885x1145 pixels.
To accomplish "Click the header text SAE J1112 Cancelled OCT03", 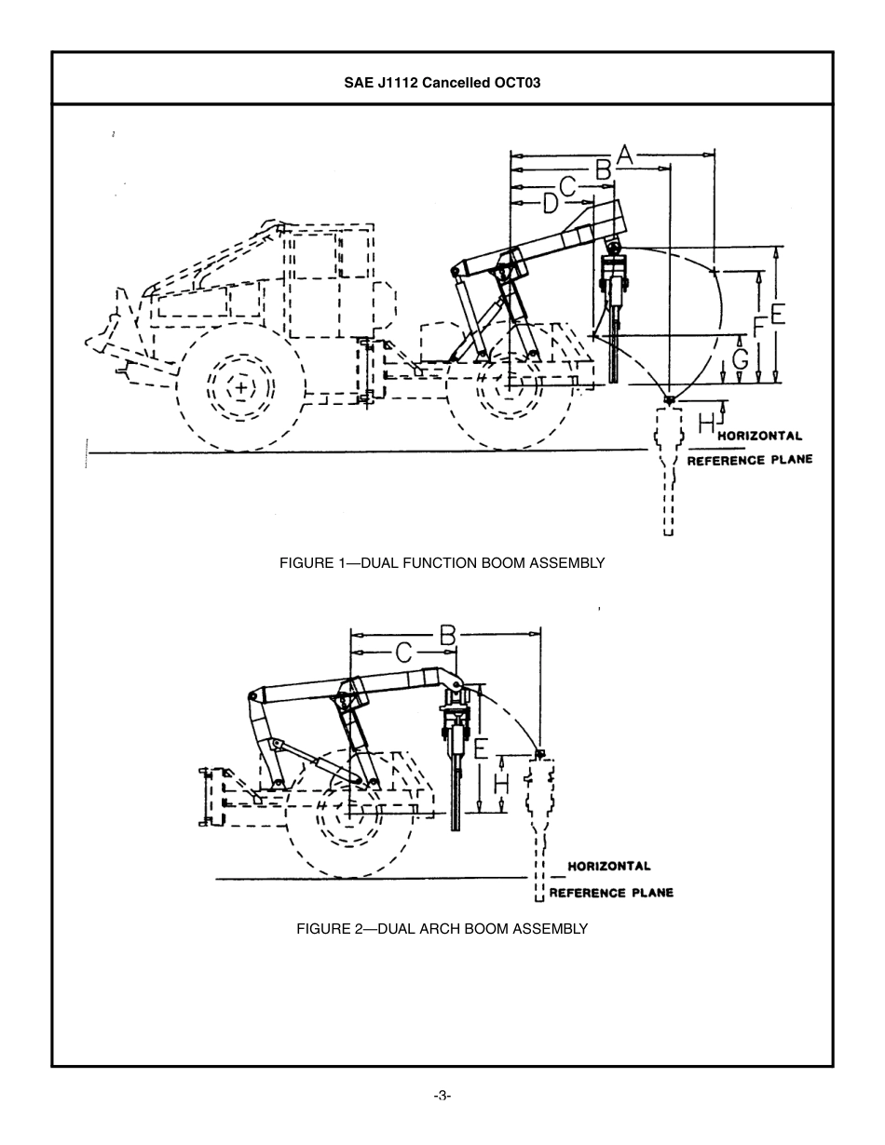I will coord(442,82).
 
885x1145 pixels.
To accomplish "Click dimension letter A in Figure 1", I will coord(623,155).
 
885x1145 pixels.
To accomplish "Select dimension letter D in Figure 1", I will coord(551,202).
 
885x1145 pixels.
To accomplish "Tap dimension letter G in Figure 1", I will coord(740,357).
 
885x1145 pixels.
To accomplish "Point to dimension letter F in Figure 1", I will coord(759,329).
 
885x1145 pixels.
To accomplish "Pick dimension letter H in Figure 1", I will coord(706,424).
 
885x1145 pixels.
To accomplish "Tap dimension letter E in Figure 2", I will coord(480,748).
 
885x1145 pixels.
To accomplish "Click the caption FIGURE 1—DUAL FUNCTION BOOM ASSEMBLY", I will coord(442,563).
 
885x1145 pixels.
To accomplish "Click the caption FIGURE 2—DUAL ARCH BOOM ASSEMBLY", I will coord(442,928).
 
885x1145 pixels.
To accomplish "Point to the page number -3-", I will coord(442,1096).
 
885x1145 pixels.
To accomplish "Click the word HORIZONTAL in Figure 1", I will coord(759,436).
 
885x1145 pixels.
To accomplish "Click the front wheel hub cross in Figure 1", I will coord(241,386).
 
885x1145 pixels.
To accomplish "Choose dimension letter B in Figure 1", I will coord(603,170).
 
